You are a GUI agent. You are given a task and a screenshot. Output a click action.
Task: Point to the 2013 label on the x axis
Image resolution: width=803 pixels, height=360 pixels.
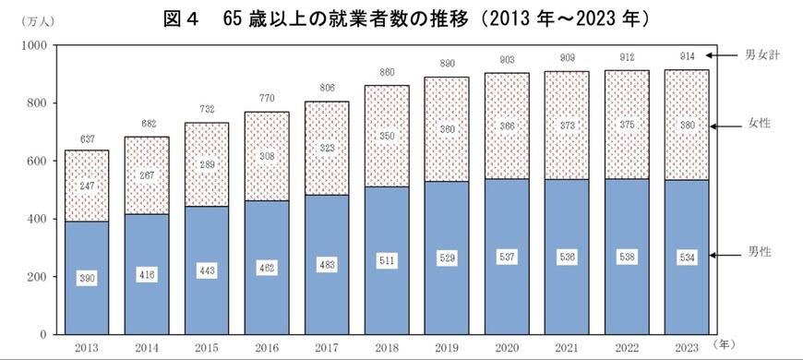86,347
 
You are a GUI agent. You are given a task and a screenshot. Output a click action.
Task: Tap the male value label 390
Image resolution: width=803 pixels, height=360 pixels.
86,278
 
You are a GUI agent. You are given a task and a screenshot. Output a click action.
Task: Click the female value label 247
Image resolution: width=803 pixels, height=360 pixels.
86,185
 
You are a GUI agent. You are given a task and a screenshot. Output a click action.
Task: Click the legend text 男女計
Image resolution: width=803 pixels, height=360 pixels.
762,55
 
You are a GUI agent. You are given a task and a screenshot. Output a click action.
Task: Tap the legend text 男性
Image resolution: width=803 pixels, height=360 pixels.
762,253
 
